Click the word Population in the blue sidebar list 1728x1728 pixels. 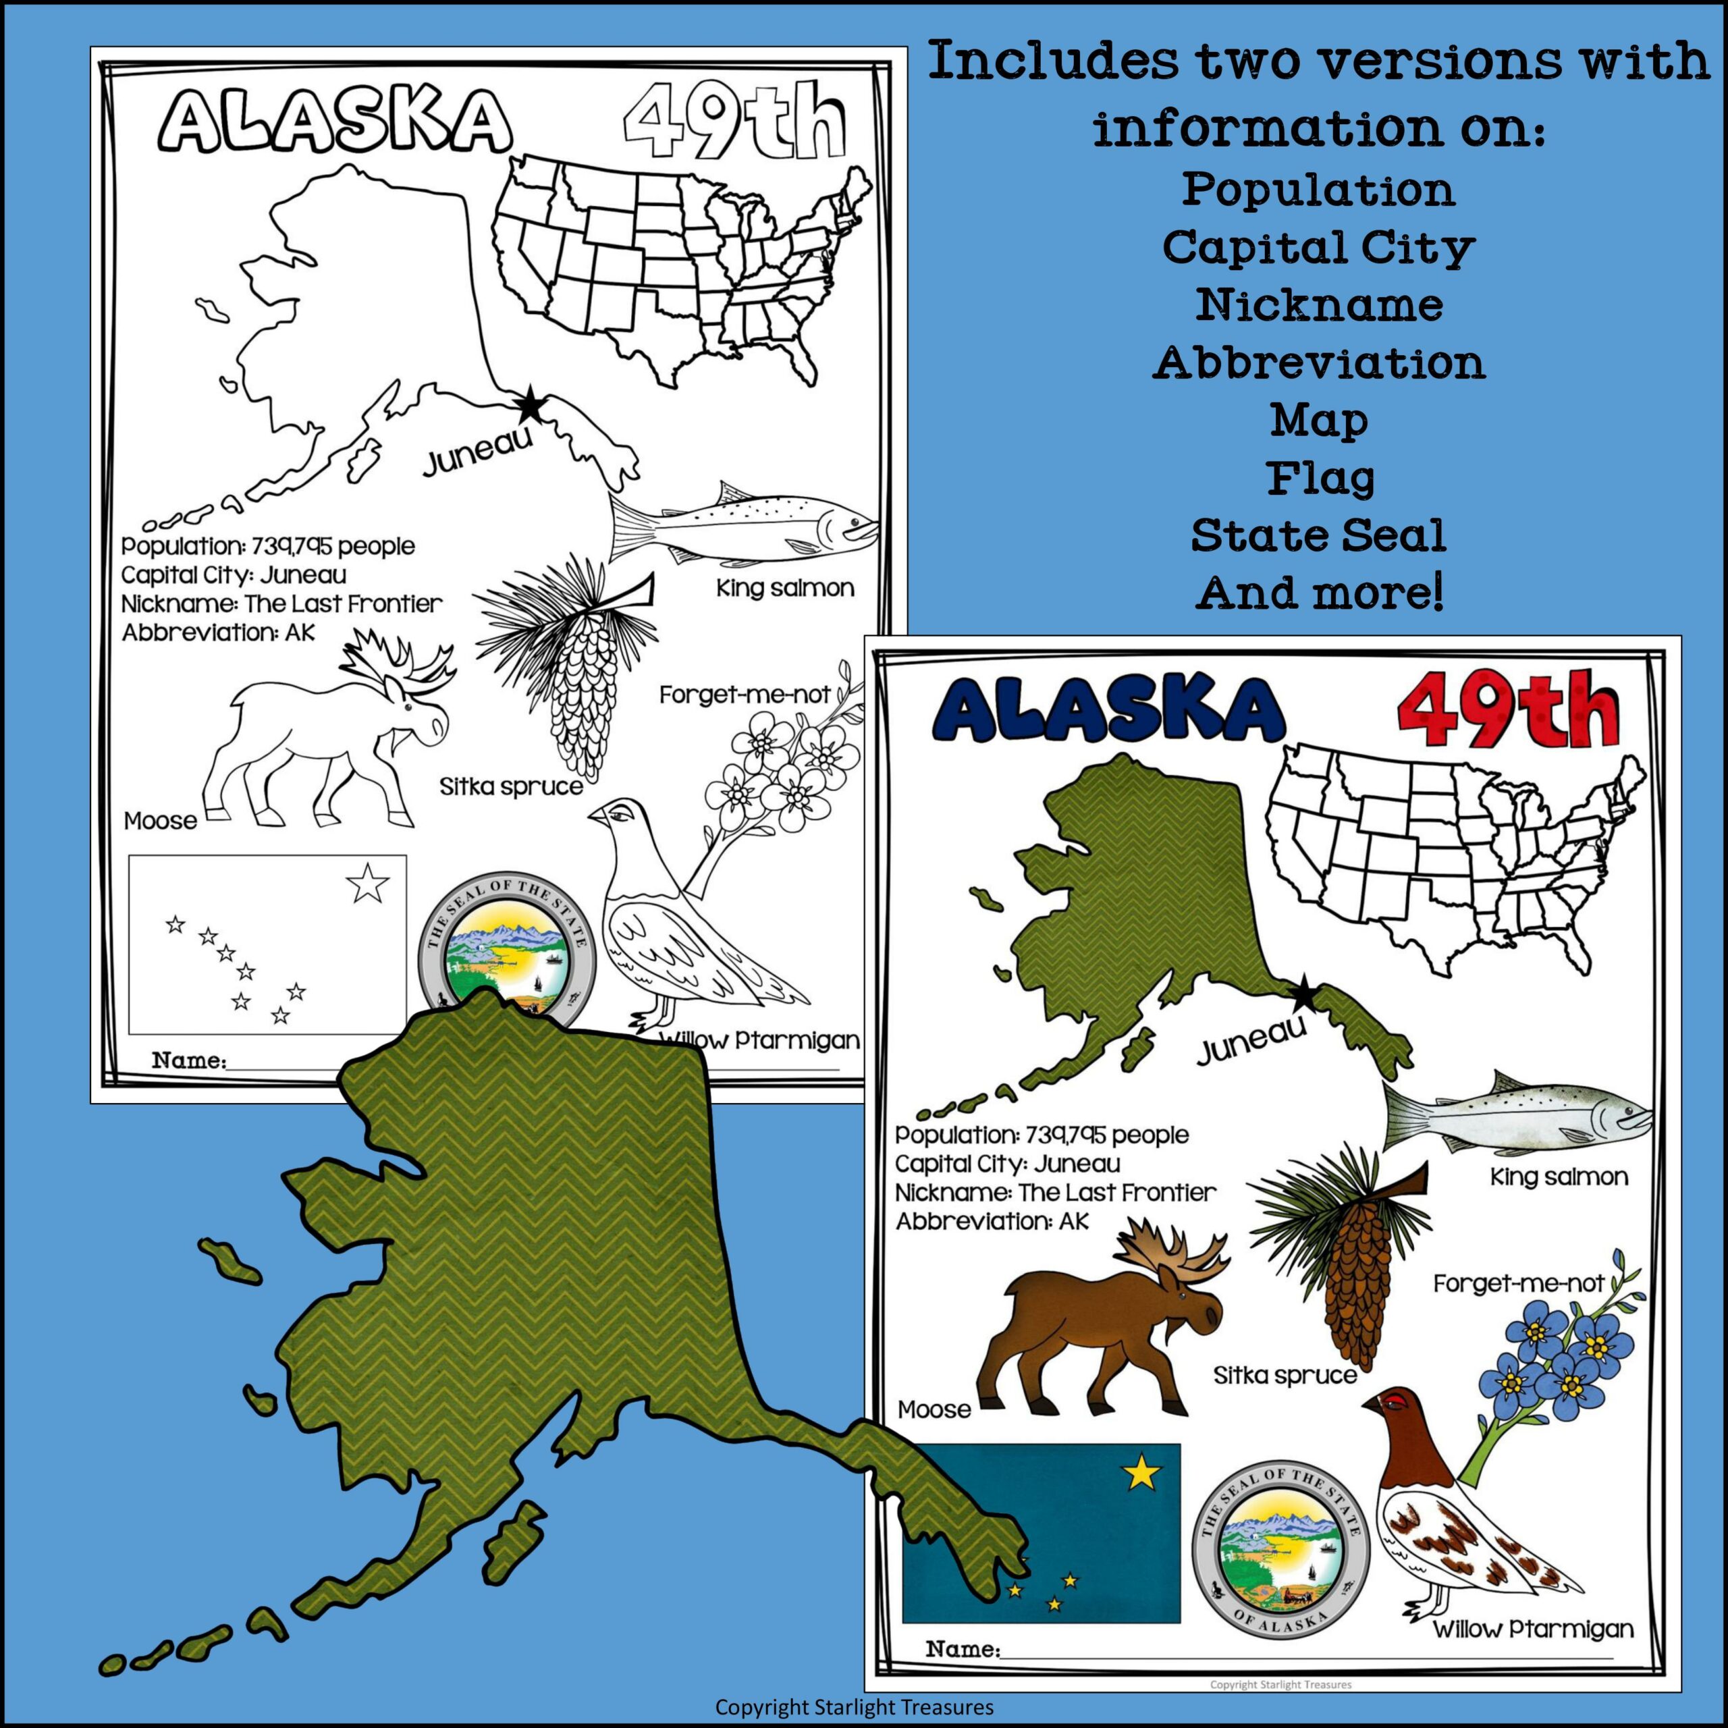tap(1318, 190)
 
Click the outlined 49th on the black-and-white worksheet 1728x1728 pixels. tap(734, 127)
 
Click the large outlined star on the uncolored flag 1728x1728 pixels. tap(369, 884)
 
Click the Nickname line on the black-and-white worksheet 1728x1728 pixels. tap(281, 603)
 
